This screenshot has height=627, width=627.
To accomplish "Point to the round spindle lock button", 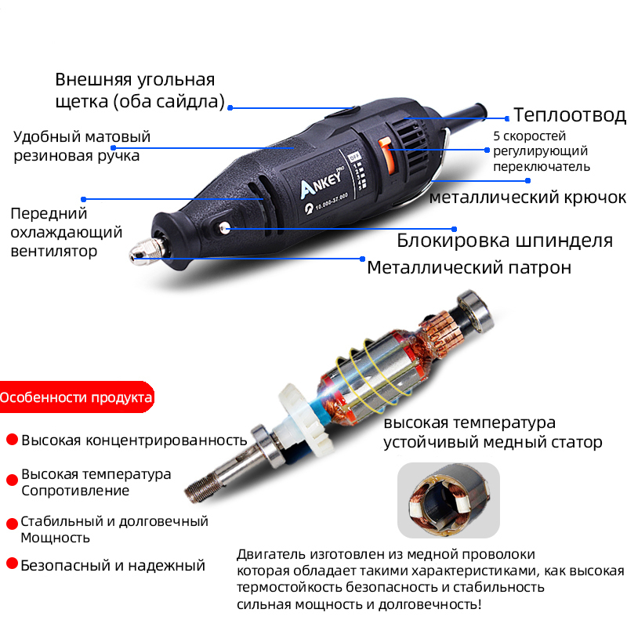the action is pos(223,228).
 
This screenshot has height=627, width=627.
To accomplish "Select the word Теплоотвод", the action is pos(570,115).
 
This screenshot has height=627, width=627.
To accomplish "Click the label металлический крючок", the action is pos(527,198).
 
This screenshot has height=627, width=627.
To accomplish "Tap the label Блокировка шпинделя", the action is pos(505,241).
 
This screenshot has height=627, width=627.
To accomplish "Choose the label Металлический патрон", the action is pos(469,267).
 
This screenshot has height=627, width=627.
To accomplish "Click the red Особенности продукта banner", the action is pos(76,397).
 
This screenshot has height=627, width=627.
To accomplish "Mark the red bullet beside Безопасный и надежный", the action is pos(13,564).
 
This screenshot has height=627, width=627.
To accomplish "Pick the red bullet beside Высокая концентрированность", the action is pos(13,440).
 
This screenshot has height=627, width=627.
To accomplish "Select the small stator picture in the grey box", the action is pos(448,500).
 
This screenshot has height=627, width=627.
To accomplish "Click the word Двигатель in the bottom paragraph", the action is pos(271,555).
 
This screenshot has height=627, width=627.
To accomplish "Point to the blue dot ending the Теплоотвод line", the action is pos(507,118).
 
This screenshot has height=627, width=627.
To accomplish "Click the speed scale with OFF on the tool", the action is pos(356,171).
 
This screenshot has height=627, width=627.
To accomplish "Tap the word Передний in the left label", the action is pos(49,214).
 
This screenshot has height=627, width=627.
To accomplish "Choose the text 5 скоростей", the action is pos(530,136).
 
